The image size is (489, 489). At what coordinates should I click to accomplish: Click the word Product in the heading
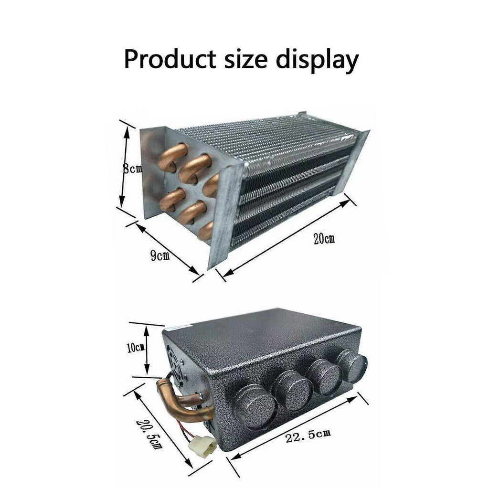click(170, 59)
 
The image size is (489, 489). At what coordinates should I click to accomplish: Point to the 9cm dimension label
click(160, 256)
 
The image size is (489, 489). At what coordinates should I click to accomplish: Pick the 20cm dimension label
click(324, 239)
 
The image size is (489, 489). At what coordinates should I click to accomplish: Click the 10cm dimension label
click(135, 348)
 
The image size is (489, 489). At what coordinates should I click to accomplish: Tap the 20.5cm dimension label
click(149, 435)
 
